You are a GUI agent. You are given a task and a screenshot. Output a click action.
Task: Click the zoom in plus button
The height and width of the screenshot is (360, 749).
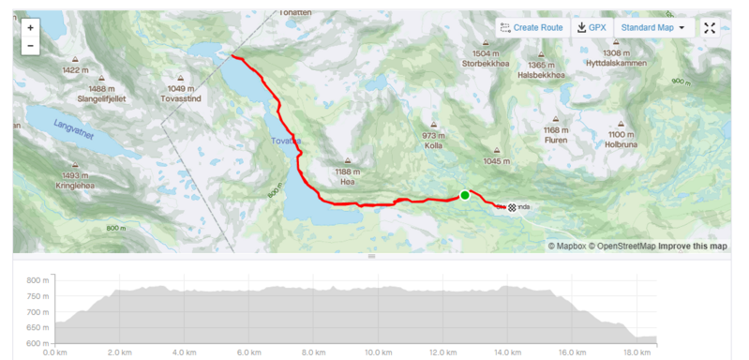pos(31,28)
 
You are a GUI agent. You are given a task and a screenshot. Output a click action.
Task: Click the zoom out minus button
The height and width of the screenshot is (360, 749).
pos(31,45)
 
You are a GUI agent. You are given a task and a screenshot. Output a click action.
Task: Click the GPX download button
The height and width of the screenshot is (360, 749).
pos(592,28)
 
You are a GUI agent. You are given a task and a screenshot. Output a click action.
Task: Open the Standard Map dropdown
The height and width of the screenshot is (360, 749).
pos(652,28)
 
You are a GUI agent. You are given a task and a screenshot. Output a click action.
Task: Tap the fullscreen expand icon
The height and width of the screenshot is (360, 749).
pos(710,28)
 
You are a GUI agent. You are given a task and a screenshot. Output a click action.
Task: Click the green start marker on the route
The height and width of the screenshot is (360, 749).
pos(464,195)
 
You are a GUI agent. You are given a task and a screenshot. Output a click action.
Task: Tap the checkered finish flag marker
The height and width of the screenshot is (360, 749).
pos(512,207)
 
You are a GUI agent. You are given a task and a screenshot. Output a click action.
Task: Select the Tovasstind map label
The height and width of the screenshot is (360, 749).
pos(182,97)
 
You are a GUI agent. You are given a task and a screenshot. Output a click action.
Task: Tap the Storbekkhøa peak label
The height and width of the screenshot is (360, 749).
pos(485,65)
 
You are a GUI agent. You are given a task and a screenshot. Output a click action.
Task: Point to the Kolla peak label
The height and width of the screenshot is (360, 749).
pos(433,146)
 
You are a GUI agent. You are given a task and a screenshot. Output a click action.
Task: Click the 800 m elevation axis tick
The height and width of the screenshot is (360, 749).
pos(37,280)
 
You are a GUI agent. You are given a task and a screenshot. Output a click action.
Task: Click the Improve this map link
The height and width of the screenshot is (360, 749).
pos(693,247)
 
